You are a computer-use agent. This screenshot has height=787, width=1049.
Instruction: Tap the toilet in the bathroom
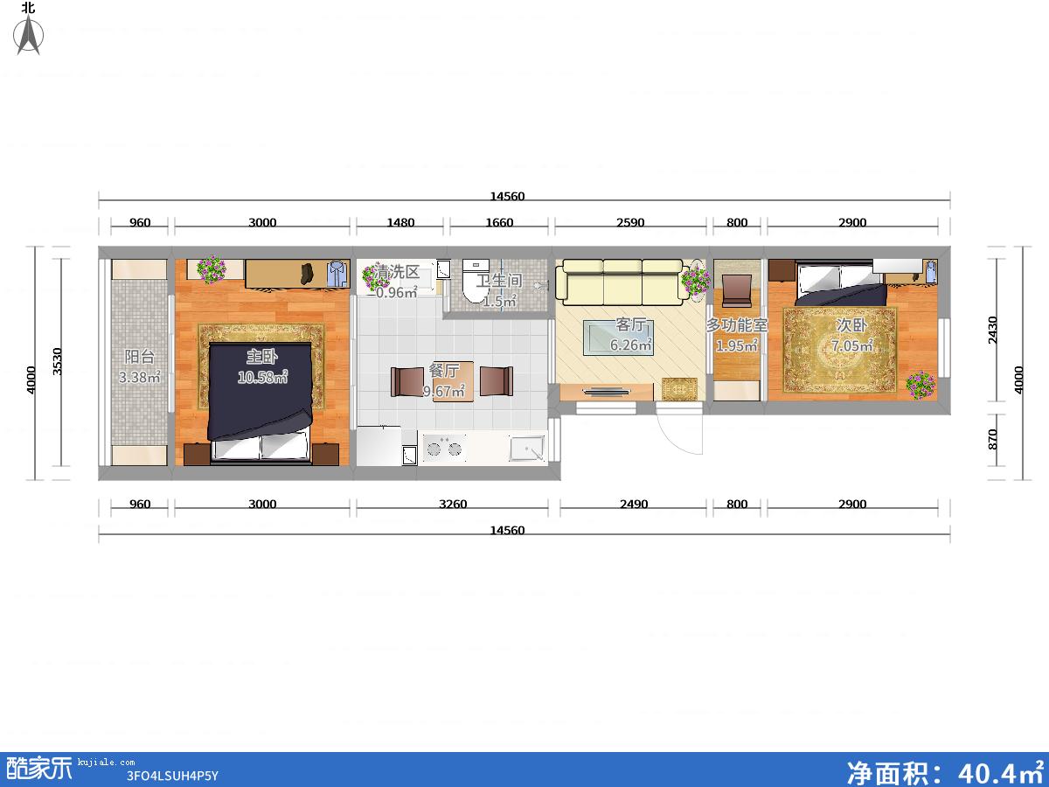tap(475, 282)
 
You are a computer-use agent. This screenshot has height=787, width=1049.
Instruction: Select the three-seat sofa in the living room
tap(622, 282)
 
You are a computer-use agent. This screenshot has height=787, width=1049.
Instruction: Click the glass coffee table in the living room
tap(618, 338)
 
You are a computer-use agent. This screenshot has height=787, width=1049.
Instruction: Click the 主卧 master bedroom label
tap(262, 357)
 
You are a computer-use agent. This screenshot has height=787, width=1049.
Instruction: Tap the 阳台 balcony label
tap(140, 357)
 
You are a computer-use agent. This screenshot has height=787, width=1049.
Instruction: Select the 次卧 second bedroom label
tap(851, 325)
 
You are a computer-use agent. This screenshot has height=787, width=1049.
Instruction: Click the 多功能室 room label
tap(736, 325)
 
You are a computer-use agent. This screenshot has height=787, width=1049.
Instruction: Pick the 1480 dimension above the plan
tap(400, 222)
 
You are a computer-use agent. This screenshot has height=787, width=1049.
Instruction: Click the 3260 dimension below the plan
tap(453, 504)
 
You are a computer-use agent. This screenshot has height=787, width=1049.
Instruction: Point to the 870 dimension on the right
tap(992, 439)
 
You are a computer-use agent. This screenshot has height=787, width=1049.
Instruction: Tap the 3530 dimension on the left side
tap(57, 361)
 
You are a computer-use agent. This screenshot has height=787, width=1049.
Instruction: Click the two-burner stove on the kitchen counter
tap(444, 449)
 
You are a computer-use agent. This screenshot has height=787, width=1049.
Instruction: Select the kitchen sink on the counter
tap(527, 449)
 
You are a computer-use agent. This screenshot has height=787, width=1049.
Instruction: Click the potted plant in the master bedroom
tap(212, 269)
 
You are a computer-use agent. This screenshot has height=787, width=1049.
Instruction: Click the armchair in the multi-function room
tap(736, 291)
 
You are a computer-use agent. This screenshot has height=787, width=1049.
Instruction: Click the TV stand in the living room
tap(607, 392)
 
